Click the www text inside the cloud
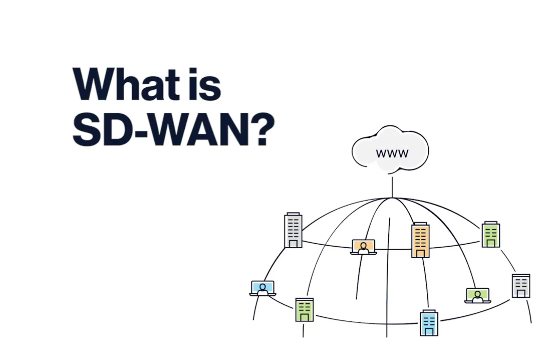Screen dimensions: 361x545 (x=392, y=153)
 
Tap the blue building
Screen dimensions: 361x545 (x=429, y=322)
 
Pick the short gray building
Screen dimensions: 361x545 (x=521, y=285)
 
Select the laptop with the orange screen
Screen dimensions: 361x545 (x=363, y=247)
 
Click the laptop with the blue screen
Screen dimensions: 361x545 (x=262, y=288)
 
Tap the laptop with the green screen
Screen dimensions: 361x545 (x=477, y=295)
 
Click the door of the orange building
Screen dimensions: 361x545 (x=420, y=253)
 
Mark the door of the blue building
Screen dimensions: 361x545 (x=429, y=330)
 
